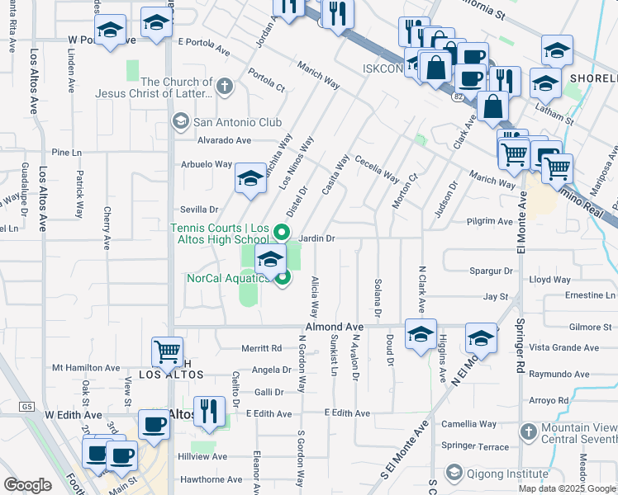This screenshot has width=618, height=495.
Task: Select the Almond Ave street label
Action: coord(335,328)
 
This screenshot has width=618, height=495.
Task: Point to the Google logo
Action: coord(27,484)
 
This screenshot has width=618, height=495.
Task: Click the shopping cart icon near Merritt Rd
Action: coord(167,352)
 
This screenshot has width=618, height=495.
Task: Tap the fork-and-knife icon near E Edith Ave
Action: coord(209,410)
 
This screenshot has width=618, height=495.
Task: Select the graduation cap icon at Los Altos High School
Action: coord(270,261)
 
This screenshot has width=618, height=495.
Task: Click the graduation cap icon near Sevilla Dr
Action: coord(250,177)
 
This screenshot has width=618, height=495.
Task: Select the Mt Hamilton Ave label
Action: coord(86,367)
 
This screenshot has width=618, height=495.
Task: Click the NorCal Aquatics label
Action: coord(226,278)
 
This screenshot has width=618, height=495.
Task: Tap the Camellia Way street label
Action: coord(469,424)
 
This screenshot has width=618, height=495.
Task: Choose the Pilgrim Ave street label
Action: coord(489,221)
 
